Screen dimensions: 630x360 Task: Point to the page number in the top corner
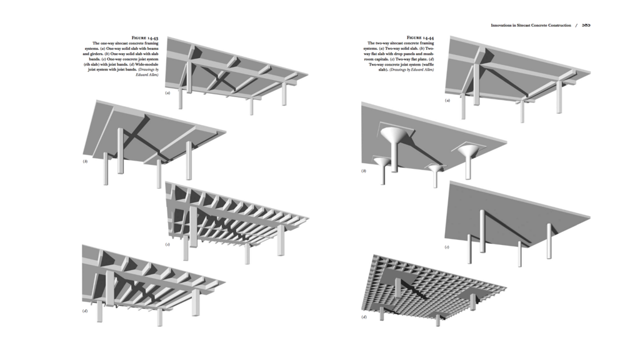click(586, 25)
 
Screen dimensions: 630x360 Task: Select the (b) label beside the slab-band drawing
click(85, 161)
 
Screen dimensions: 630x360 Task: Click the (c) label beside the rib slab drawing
click(167, 244)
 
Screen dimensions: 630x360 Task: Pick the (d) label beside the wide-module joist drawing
click(85, 311)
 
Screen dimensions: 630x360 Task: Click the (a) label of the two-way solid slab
click(447, 101)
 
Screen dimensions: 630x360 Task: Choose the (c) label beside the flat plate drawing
click(447, 247)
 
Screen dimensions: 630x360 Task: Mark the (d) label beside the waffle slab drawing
click(364, 317)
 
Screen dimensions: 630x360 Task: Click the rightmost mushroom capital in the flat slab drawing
click(469, 151)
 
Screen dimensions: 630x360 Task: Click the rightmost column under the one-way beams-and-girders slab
click(286, 93)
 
